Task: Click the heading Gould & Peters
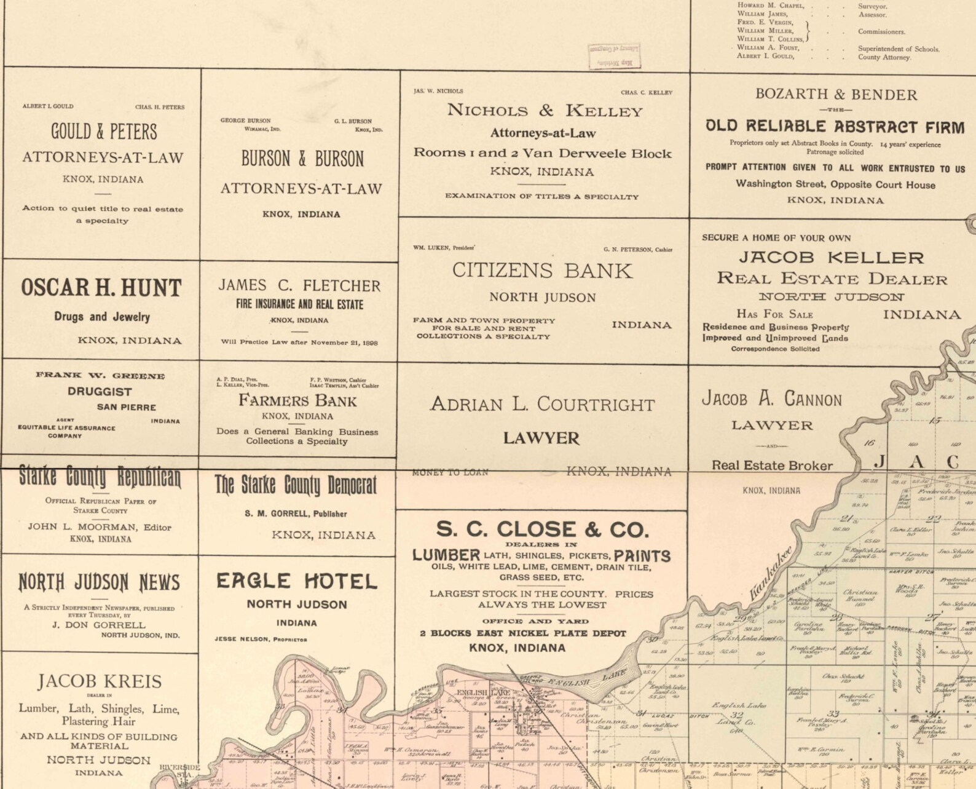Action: [104, 131]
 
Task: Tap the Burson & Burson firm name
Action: [302, 159]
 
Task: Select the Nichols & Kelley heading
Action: [545, 111]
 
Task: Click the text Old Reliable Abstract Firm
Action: [835, 127]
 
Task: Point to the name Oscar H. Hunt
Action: [101, 288]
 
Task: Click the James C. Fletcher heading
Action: [299, 285]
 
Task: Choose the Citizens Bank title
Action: [542, 271]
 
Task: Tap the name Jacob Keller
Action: [831, 257]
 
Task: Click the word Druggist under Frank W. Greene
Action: [100, 391]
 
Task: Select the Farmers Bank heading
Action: [297, 401]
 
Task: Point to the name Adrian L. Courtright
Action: [542, 404]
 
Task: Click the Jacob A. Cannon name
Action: [772, 399]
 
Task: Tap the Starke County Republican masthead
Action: [100, 477]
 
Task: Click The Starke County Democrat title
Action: [296, 485]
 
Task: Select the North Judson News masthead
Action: [99, 582]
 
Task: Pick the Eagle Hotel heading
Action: [297, 581]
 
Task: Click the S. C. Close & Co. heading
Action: [542, 529]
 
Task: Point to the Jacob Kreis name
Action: [99, 681]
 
